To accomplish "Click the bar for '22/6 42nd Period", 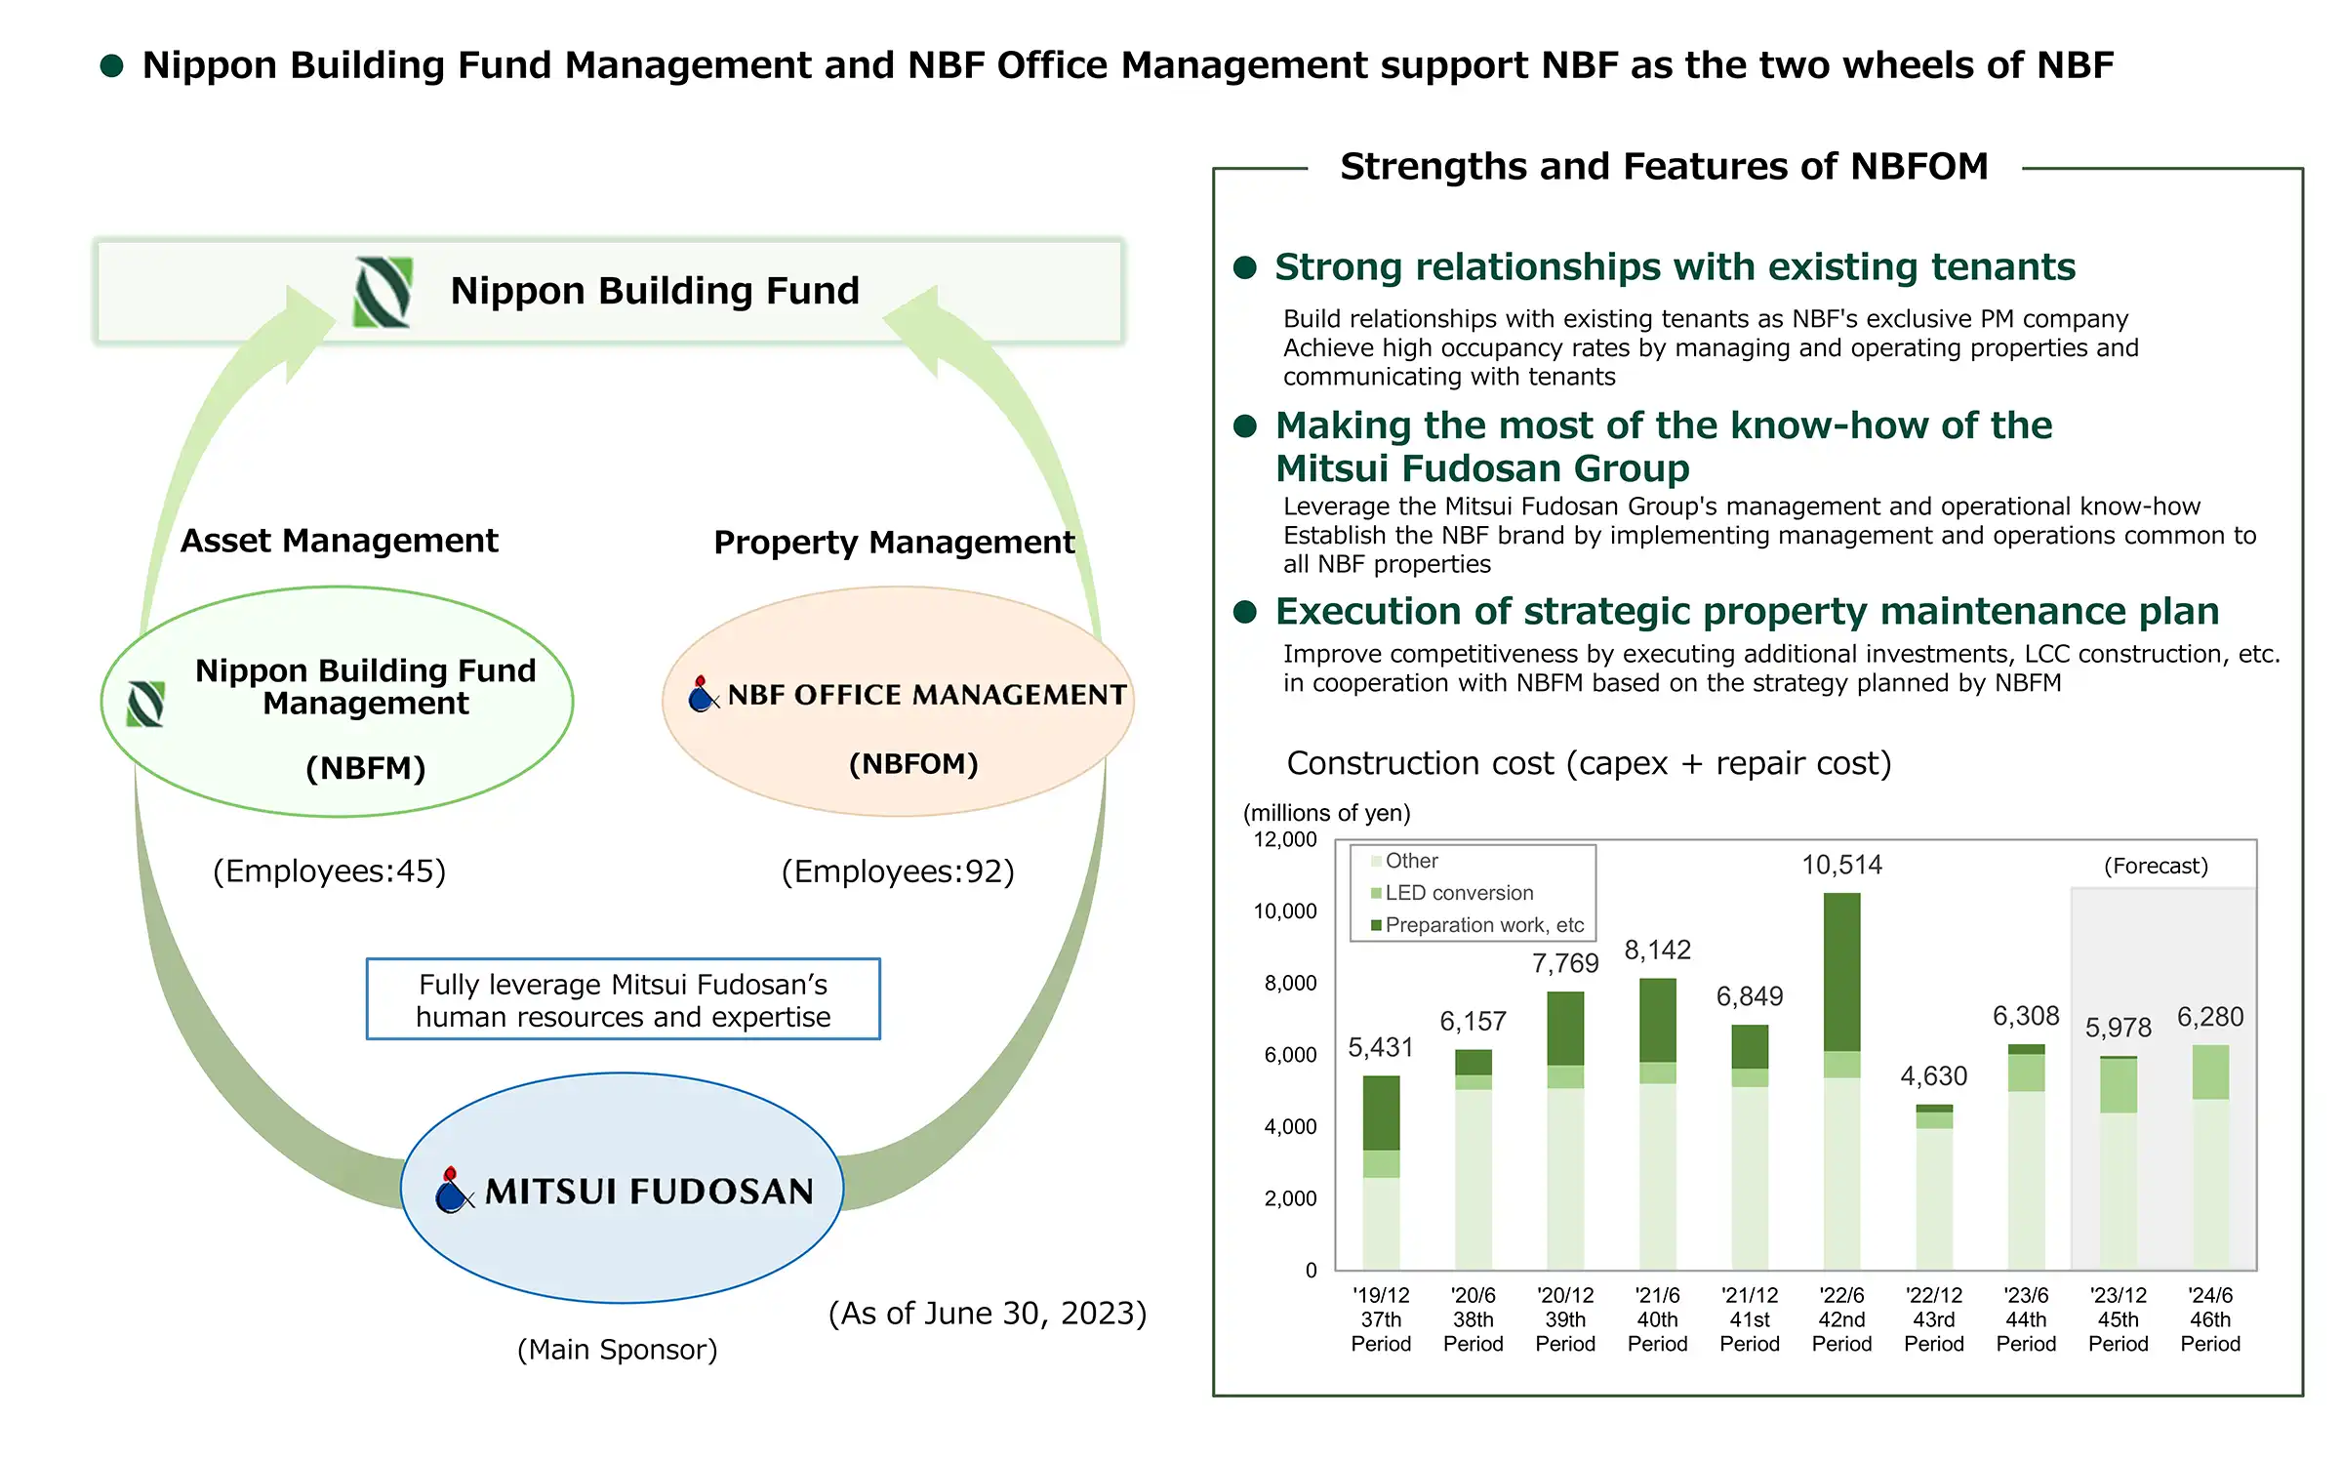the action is pyautogui.click(x=1841, y=1081).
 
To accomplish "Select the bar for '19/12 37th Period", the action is pyautogui.click(x=1381, y=1173).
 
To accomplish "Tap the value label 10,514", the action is pyautogui.click(x=1841, y=865).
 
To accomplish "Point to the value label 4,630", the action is pyautogui.click(x=1933, y=1075).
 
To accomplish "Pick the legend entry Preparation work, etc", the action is pyautogui.click(x=1477, y=925).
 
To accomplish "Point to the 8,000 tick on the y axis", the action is pyautogui.click(x=1290, y=983).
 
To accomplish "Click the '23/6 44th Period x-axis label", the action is pyautogui.click(x=2026, y=1319).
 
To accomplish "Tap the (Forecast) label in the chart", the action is pyautogui.click(x=2156, y=866).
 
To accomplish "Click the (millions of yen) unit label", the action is pyautogui.click(x=1326, y=813).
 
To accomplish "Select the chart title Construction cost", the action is pyautogui.click(x=1589, y=763).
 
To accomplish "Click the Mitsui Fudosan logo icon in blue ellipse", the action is pyautogui.click(x=453, y=1190).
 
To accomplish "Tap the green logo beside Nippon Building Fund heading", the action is pyautogui.click(x=383, y=292).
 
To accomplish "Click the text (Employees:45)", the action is pyautogui.click(x=329, y=871).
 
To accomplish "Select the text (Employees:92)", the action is pyautogui.click(x=898, y=871).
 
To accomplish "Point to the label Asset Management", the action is pyautogui.click(x=339, y=540).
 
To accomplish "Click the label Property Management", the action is pyautogui.click(x=894, y=542).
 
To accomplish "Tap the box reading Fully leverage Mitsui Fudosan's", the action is pyautogui.click(x=623, y=999).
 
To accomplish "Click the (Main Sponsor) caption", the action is pyautogui.click(x=617, y=1350).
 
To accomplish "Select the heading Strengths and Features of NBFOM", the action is pyautogui.click(x=1664, y=167).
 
